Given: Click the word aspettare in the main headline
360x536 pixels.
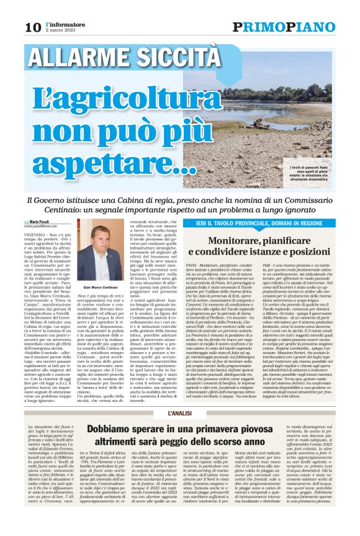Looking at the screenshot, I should (x=108, y=163).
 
